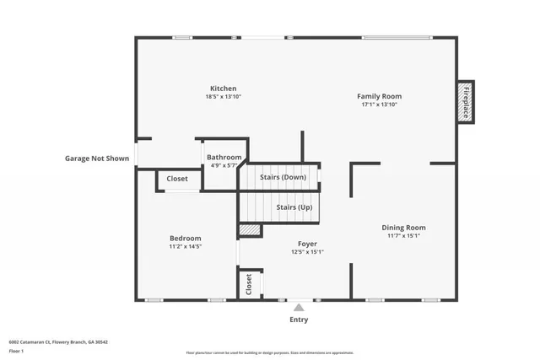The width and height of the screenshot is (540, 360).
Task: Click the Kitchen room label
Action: point(223,89)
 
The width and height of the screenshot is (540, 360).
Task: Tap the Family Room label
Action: point(379,96)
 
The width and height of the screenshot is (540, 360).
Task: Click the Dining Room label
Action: point(403,228)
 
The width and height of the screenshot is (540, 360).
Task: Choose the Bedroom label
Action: point(185,239)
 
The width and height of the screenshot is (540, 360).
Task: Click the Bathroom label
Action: point(224,158)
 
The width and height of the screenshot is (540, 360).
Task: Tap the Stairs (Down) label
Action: point(283,178)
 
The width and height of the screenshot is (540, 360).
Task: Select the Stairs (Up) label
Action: point(294,207)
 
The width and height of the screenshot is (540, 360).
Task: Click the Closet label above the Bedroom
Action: point(177,179)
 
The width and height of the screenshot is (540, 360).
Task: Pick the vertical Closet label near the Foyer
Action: point(249,283)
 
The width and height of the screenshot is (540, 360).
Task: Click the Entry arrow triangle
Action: point(299,308)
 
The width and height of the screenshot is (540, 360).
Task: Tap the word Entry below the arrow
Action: point(299,320)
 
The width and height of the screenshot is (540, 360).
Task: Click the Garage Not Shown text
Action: point(97,158)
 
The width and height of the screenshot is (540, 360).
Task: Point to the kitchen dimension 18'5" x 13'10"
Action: point(223,97)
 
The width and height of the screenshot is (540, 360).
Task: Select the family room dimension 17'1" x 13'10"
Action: point(379,105)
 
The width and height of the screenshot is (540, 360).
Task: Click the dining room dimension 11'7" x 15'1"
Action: point(403,236)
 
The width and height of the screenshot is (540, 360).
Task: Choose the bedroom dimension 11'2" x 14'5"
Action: point(185,247)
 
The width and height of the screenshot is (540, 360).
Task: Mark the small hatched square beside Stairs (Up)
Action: point(249,229)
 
